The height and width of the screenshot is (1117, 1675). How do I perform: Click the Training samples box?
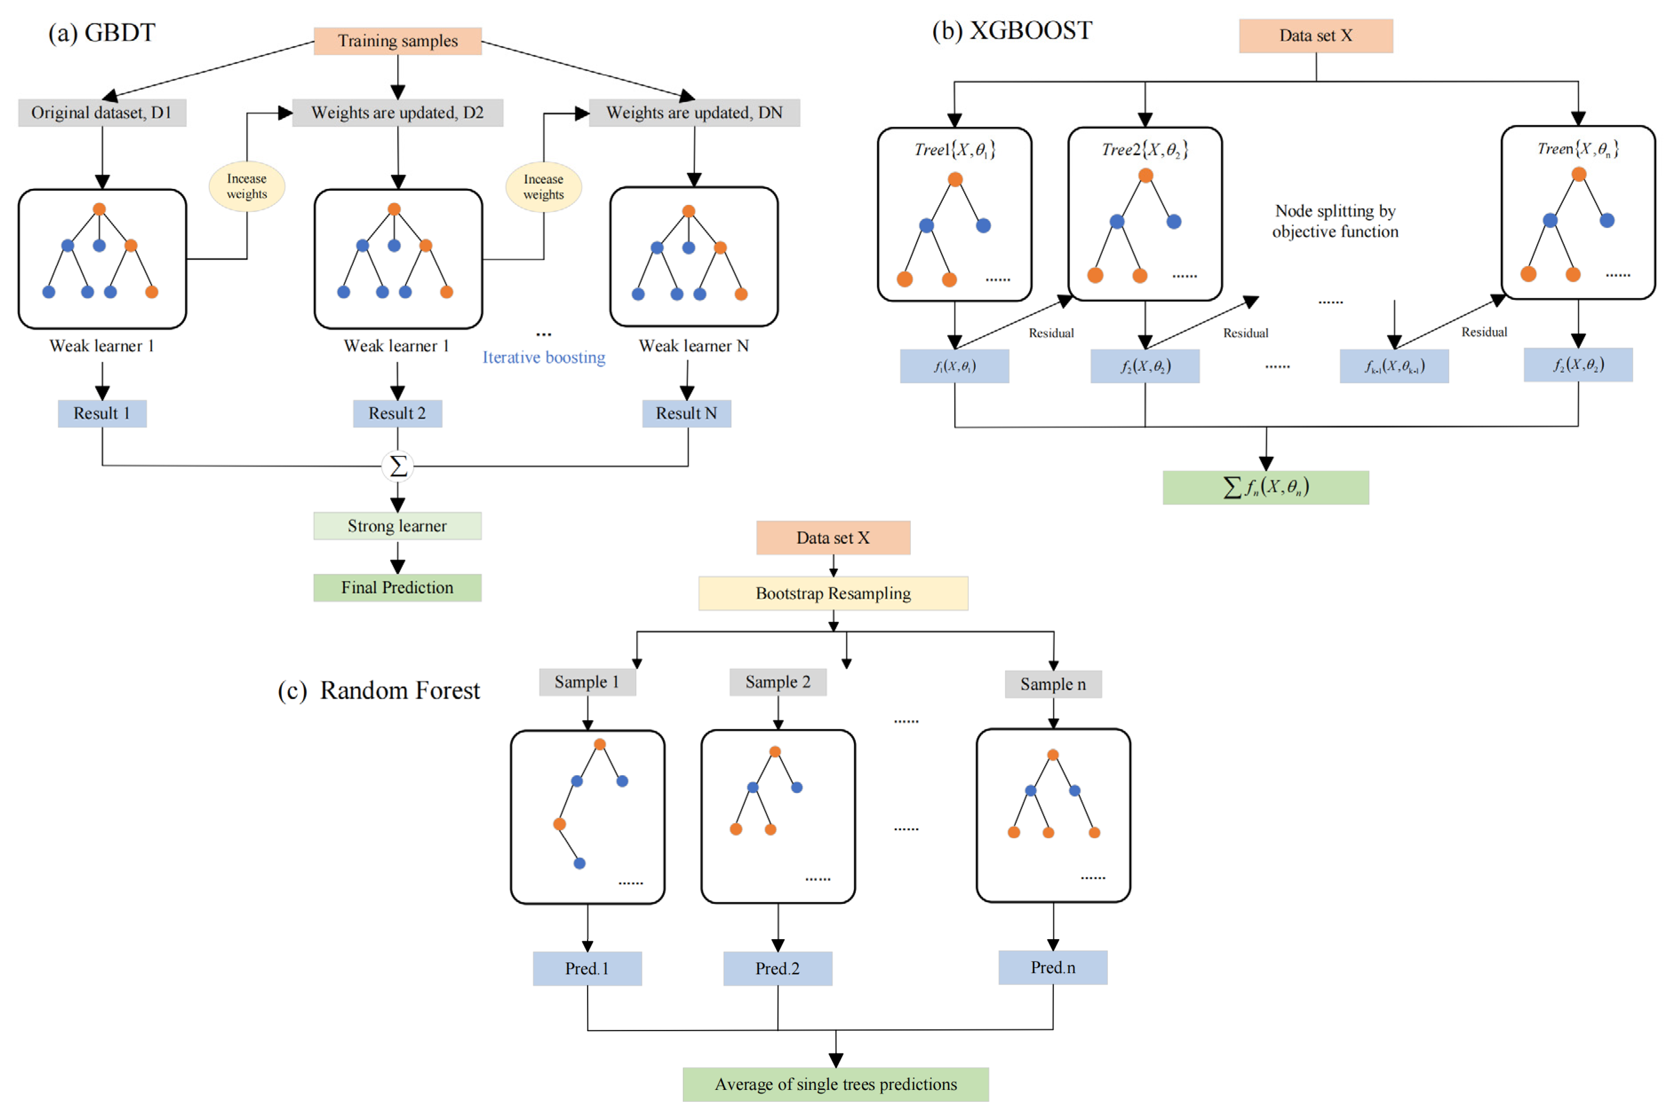(397, 40)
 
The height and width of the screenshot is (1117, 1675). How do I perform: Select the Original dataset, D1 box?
(102, 112)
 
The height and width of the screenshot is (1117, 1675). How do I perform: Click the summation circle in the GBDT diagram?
(397, 466)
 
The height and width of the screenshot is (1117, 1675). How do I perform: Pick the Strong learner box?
(397, 526)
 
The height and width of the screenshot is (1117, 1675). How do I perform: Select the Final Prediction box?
(397, 588)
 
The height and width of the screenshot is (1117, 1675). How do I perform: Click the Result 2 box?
(397, 413)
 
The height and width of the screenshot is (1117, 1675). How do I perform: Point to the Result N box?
(687, 413)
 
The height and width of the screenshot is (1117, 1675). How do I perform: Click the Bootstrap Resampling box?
(833, 593)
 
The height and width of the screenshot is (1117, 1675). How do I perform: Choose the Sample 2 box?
(778, 682)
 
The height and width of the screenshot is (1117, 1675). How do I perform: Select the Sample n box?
(1053, 684)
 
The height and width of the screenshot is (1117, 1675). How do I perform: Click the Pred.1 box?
(587, 968)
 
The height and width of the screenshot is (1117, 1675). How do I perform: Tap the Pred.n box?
(1053, 967)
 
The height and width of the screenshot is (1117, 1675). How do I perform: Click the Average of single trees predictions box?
(836, 1084)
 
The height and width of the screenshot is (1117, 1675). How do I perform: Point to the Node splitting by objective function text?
(1335, 221)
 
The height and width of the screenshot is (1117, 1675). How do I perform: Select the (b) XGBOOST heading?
(1012, 31)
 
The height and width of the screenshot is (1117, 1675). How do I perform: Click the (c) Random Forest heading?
(379, 690)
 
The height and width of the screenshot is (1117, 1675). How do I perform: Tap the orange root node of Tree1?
(955, 180)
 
